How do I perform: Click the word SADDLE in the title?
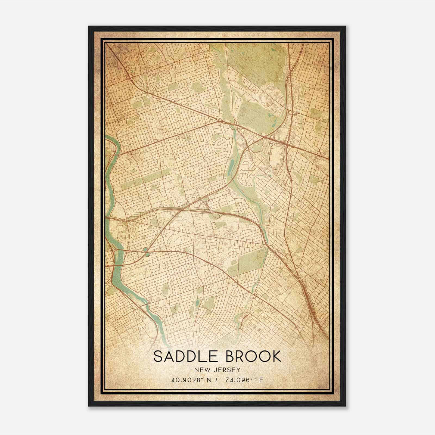(187, 356)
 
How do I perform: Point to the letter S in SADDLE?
(159, 356)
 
